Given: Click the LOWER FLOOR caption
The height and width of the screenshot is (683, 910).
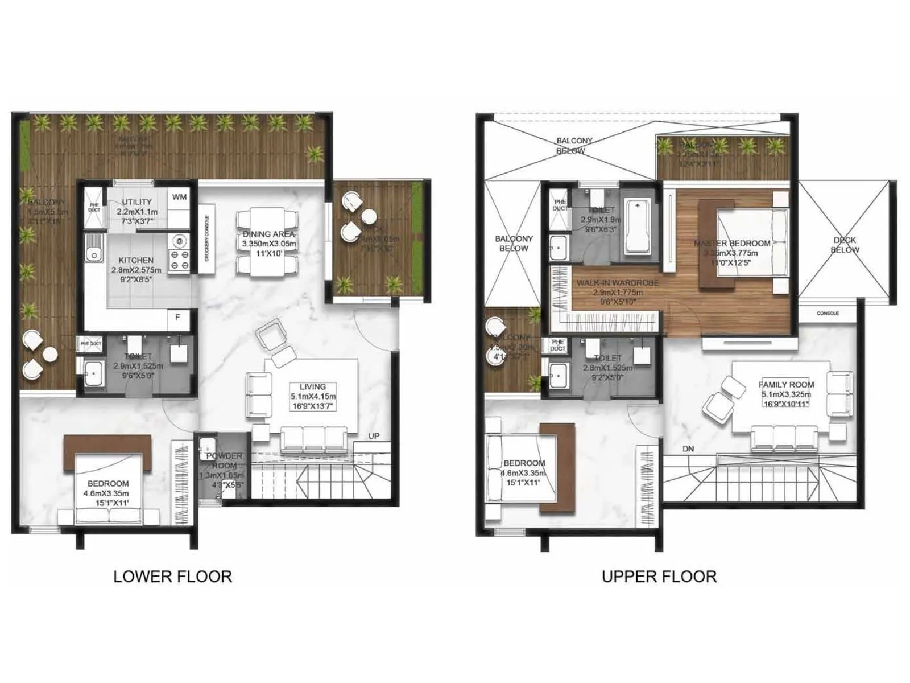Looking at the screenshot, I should [x=172, y=576].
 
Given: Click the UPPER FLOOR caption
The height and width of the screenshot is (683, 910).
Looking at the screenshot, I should [x=659, y=576].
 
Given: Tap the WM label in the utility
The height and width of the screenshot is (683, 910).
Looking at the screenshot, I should [x=179, y=197].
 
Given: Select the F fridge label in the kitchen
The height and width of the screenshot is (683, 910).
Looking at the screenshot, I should [x=177, y=317].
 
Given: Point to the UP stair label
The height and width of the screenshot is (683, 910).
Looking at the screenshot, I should [x=374, y=436].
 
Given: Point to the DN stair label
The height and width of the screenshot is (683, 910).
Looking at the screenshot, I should [x=688, y=449].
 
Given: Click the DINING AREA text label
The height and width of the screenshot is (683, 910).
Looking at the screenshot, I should [x=268, y=234].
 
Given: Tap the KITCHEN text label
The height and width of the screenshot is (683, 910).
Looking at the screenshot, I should [x=136, y=260].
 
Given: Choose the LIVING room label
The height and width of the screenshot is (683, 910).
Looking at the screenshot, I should [x=312, y=386].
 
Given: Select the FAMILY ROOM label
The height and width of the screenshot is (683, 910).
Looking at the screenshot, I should [x=786, y=385].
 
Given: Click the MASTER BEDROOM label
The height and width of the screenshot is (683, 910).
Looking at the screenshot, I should [x=732, y=243].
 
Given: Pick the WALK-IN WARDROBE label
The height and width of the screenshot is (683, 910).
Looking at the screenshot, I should [x=617, y=283].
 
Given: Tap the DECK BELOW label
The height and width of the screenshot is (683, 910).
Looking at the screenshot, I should [x=845, y=245].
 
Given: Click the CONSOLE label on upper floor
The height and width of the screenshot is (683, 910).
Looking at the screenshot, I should [x=828, y=313].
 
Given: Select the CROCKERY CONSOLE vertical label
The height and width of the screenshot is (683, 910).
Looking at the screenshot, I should [x=206, y=238].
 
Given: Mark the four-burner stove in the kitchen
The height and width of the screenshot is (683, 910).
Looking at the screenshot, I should [x=180, y=253].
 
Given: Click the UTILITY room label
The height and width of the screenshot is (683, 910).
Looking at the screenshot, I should [x=137, y=201].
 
